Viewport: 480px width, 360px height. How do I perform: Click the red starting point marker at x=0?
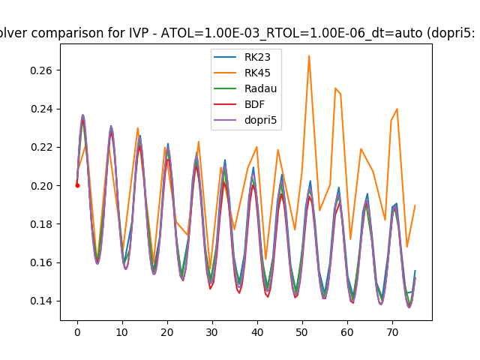pos(77,185)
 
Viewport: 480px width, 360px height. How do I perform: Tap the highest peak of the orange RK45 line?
pos(309,55)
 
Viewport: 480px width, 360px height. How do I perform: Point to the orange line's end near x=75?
pos(415,205)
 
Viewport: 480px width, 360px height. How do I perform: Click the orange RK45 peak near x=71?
pos(397,109)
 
